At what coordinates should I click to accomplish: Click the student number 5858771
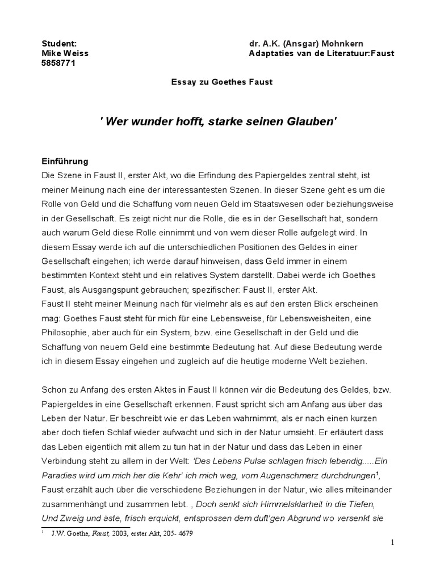coord(59,63)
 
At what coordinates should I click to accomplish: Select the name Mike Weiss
coord(65,53)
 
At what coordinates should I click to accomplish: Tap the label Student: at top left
coord(60,44)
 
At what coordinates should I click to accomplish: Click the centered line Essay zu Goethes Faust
coord(222,82)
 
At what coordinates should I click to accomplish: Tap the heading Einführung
coord(65,161)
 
